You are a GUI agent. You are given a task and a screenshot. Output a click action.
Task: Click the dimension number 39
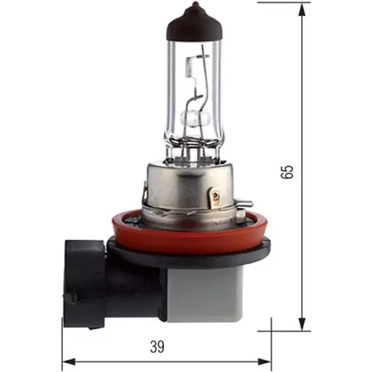158,346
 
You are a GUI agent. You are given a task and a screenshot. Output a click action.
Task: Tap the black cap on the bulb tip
194,23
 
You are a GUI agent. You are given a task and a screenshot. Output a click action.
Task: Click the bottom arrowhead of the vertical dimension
302,325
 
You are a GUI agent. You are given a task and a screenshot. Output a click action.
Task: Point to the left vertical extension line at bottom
62,344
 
